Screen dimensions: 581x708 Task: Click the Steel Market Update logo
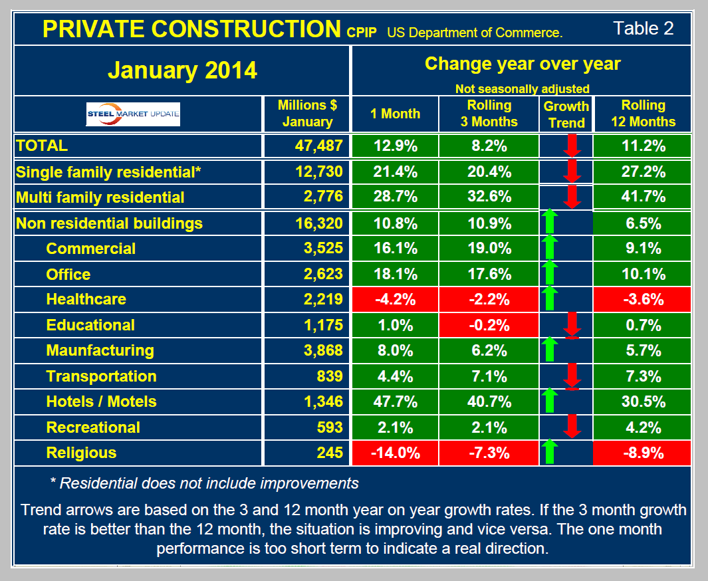pos(133,114)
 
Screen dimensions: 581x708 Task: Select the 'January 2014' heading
pos(181,70)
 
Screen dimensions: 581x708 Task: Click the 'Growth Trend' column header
pos(566,114)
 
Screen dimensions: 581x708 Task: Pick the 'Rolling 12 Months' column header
pos(642,114)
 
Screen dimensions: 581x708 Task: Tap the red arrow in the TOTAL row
pos(572,146)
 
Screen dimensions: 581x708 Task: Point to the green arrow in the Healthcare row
pos(549,299)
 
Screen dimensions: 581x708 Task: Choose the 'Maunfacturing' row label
pos(100,350)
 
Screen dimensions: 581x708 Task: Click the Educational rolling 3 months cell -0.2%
pos(489,325)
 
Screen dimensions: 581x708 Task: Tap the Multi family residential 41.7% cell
pos(642,197)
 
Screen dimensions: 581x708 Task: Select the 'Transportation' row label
pos(101,376)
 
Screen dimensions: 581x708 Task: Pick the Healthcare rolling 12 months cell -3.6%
pos(642,299)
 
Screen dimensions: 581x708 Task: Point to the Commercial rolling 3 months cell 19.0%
pos(489,249)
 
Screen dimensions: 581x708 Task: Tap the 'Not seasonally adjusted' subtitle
pos(522,88)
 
